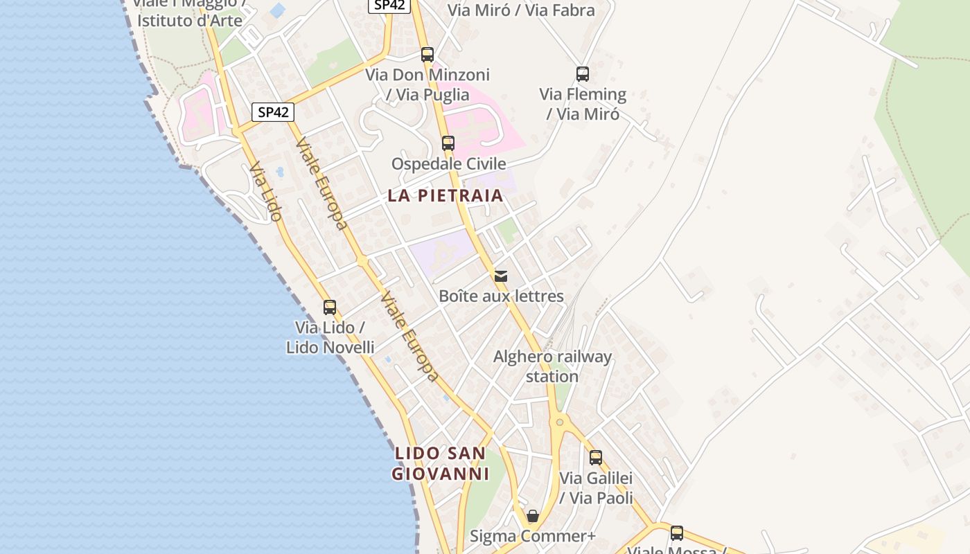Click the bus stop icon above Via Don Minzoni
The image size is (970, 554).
(x=427, y=55)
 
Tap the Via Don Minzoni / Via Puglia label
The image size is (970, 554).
(x=427, y=84)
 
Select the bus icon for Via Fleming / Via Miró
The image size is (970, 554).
(x=583, y=74)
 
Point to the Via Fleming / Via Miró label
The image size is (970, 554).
(x=583, y=104)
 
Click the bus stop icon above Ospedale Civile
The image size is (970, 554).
(x=448, y=143)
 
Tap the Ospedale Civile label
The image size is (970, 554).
(x=448, y=164)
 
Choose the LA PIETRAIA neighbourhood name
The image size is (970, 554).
(x=446, y=195)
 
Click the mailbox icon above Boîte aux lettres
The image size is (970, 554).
(x=501, y=276)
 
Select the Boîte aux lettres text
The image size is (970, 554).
(x=501, y=296)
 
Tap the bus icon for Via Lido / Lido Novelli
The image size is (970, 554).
(x=330, y=307)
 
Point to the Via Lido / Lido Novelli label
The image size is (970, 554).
(x=330, y=337)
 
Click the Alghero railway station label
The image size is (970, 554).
(x=552, y=366)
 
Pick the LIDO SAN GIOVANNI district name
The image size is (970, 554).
(x=441, y=463)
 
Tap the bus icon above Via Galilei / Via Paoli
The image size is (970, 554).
(x=596, y=458)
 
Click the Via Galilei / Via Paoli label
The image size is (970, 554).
(x=596, y=488)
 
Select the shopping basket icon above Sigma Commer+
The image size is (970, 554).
(x=533, y=517)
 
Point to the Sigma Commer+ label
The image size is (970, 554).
(x=533, y=536)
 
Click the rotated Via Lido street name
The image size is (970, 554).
(x=266, y=192)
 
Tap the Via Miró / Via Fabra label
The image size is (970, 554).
(x=521, y=10)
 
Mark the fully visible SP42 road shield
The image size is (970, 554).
(x=273, y=112)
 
